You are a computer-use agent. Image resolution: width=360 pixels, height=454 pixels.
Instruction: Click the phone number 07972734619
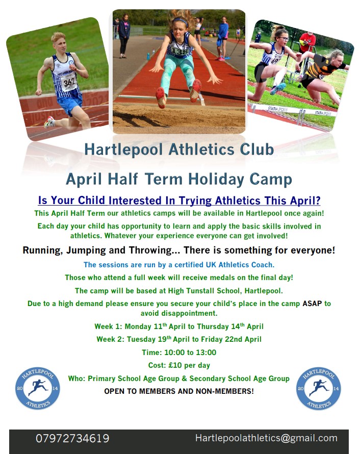click(72, 439)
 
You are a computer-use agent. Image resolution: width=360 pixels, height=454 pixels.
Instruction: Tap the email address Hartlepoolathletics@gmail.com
click(266, 438)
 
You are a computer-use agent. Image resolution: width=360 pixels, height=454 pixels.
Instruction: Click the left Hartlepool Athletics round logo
click(37, 388)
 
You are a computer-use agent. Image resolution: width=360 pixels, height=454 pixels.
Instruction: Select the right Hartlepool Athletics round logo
click(318, 388)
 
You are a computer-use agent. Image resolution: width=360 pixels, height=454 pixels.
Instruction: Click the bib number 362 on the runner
click(69, 81)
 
